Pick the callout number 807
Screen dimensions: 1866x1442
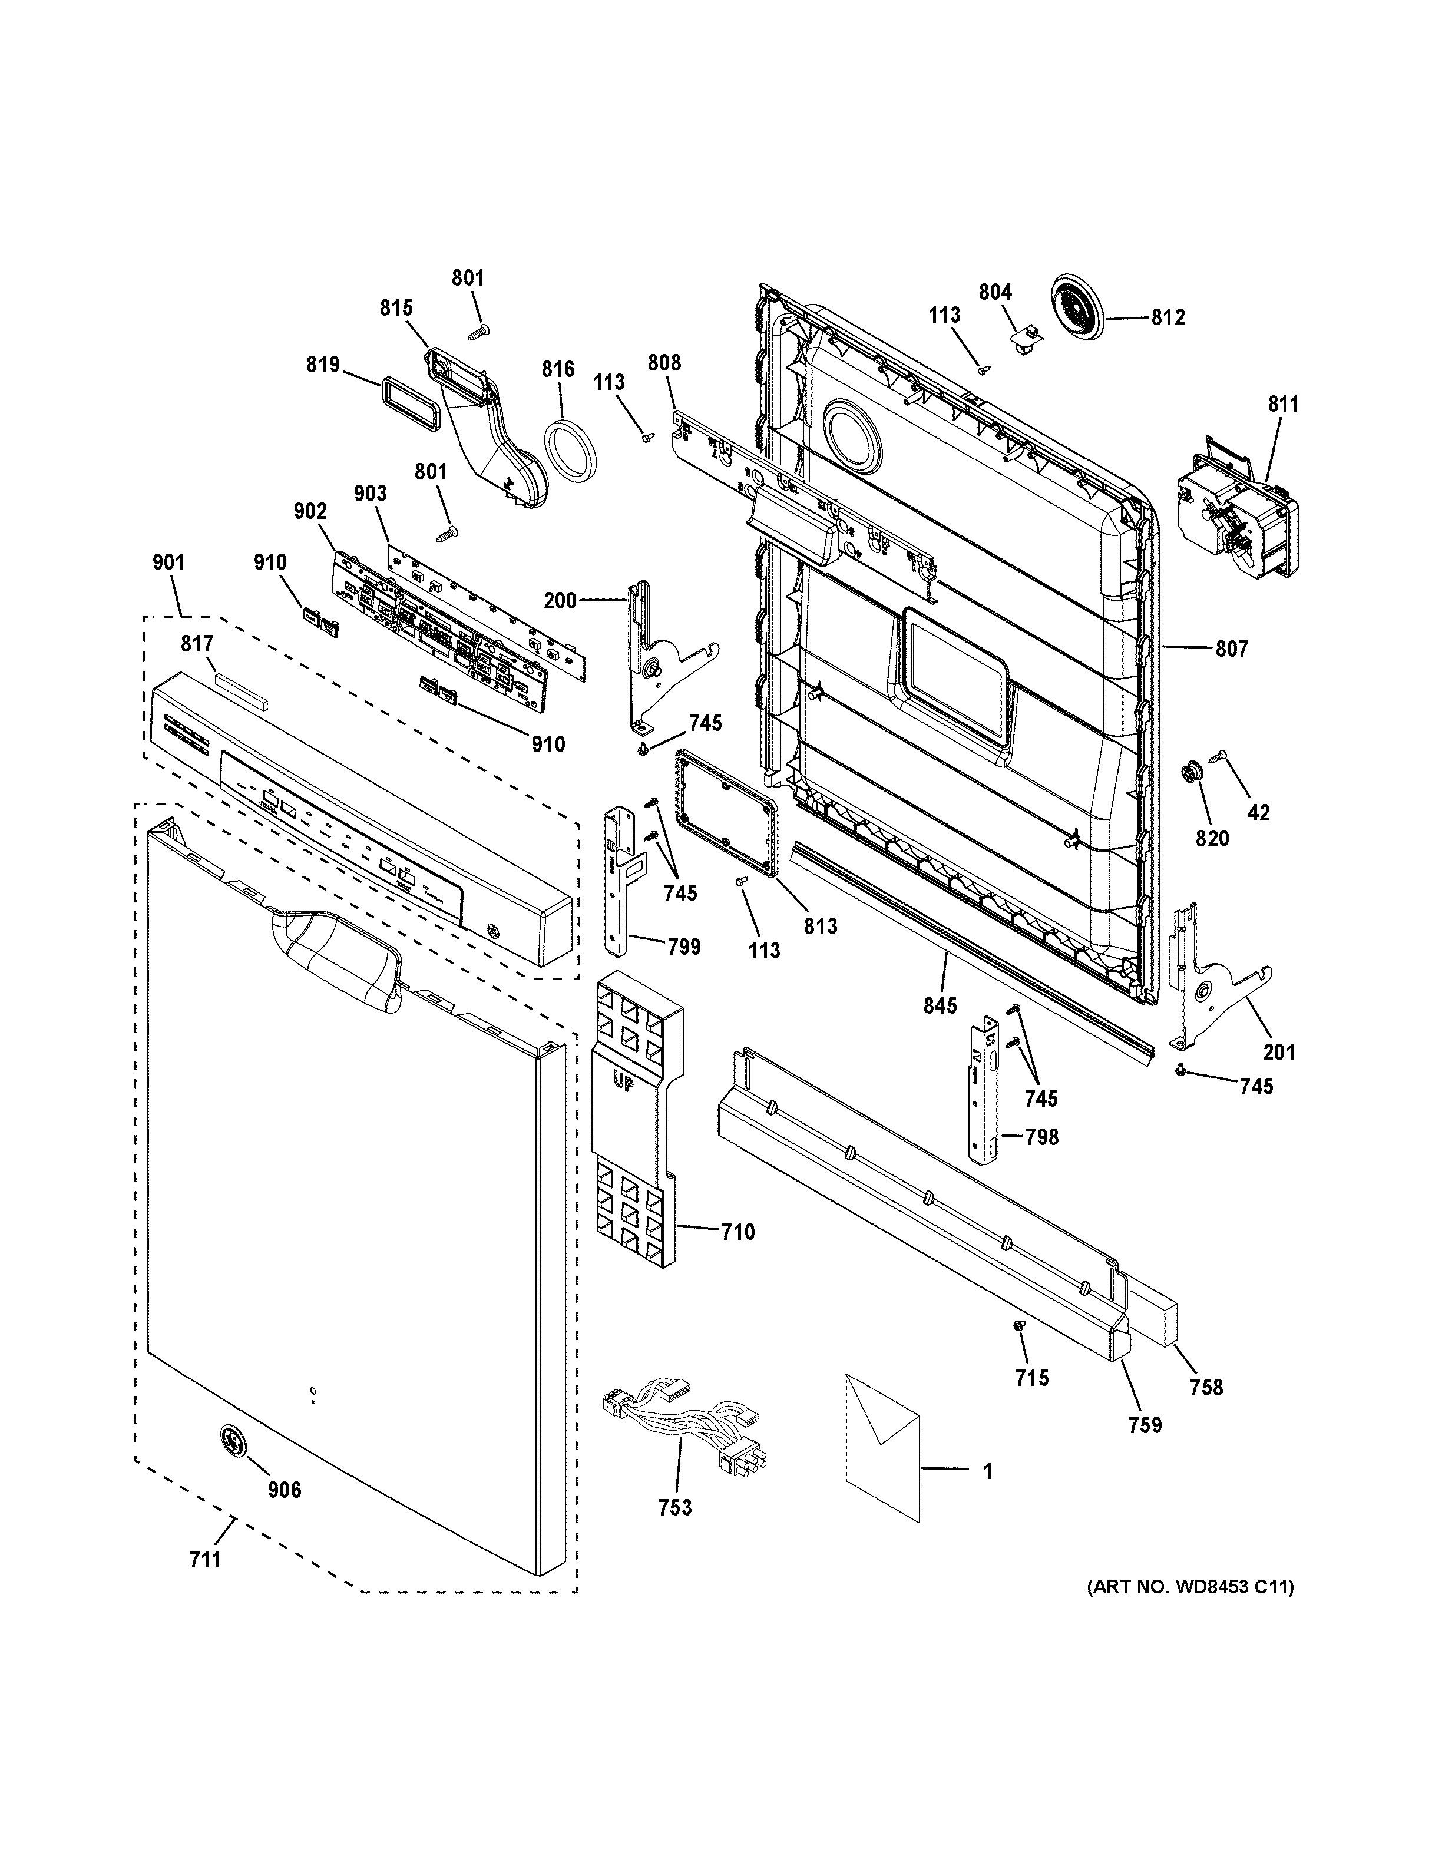pyautogui.click(x=1232, y=649)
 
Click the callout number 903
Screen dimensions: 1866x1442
pyautogui.click(x=371, y=494)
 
